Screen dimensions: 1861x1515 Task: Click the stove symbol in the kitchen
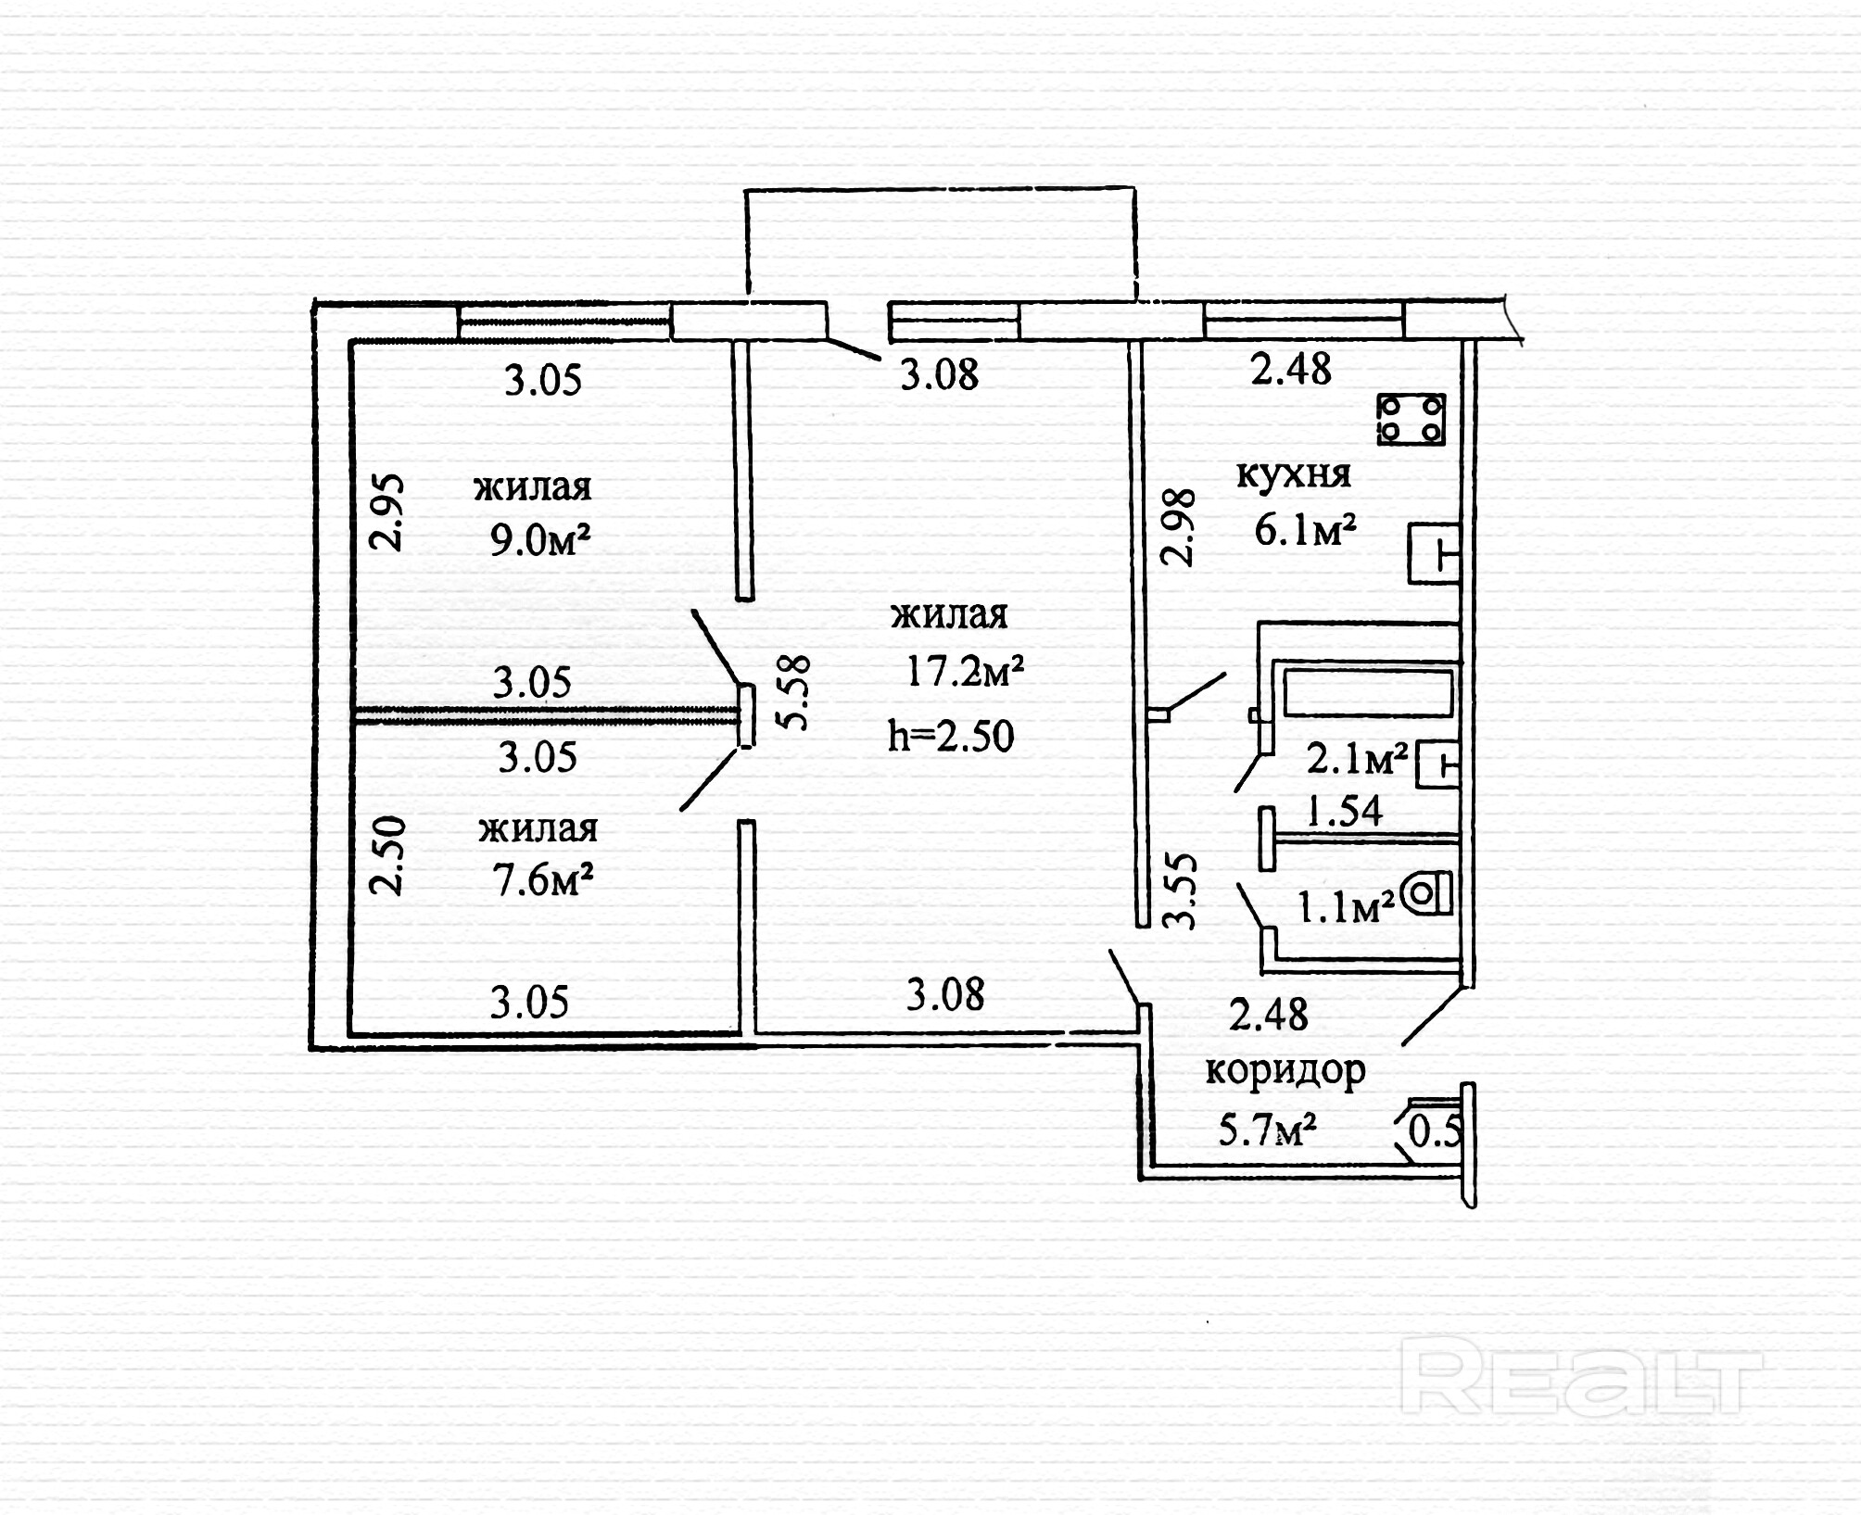tap(1411, 419)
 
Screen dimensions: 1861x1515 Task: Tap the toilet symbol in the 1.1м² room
tap(1426, 895)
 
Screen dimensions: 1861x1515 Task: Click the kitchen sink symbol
tap(1434, 554)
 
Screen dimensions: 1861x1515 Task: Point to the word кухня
tap(1294, 474)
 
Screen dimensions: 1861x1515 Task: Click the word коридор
tap(1285, 1070)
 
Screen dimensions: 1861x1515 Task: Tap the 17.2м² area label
tap(965, 671)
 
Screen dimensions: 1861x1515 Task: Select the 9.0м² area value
tap(540, 540)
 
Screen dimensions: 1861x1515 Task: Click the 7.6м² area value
tap(543, 879)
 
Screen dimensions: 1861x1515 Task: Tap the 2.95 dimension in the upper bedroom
tap(387, 513)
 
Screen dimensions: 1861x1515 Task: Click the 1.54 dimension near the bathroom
tap(1344, 812)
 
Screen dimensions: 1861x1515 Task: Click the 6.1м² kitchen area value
tap(1305, 531)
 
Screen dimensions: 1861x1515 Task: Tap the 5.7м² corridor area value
tap(1268, 1130)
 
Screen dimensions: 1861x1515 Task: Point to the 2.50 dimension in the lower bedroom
tap(387, 855)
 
